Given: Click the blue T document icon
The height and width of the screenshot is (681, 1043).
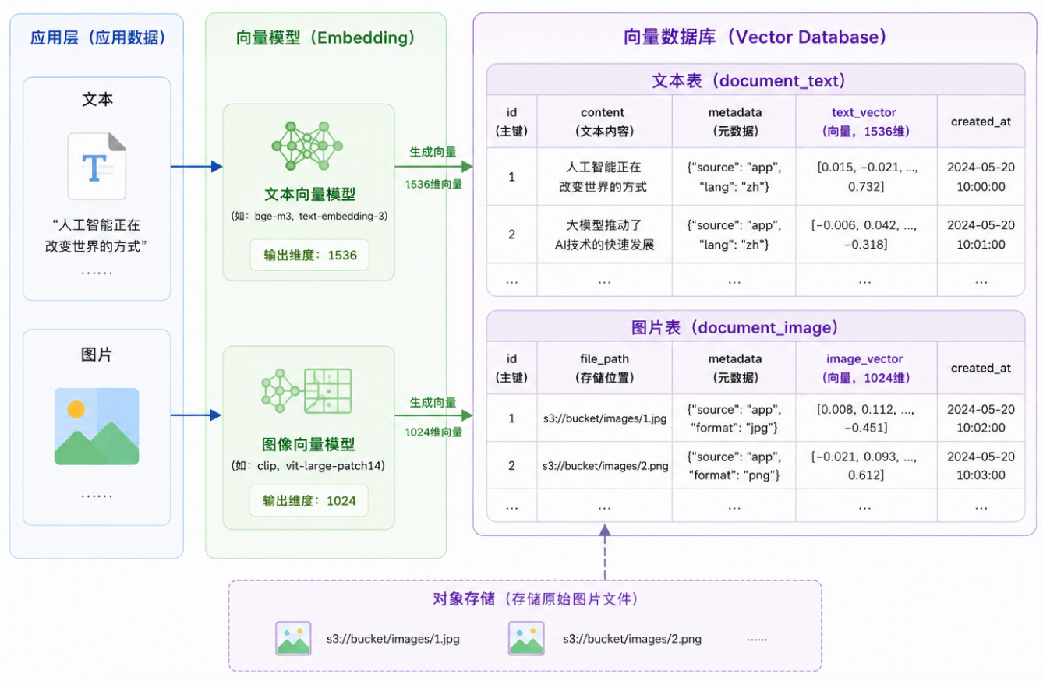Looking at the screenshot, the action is (x=97, y=166).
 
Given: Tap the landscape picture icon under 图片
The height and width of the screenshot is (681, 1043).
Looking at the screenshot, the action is (x=97, y=426).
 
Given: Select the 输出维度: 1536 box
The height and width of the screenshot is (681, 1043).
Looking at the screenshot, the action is (x=309, y=255).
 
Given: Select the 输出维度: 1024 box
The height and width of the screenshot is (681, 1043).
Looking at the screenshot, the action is (x=309, y=501).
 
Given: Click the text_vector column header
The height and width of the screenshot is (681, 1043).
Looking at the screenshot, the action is (x=866, y=122).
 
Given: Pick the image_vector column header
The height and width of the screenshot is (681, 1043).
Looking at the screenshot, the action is (x=866, y=369).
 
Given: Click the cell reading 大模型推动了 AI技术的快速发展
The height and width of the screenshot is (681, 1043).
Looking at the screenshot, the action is (x=604, y=235).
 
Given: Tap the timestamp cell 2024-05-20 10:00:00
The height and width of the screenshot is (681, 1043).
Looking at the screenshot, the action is (x=981, y=177).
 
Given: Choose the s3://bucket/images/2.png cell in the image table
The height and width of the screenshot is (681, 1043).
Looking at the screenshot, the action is (x=605, y=465).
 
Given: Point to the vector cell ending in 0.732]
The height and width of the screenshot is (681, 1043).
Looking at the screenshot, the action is (x=866, y=177).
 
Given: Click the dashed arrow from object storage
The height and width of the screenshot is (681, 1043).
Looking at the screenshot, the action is (x=605, y=552).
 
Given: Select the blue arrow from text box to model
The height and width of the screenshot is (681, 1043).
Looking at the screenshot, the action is (x=196, y=166).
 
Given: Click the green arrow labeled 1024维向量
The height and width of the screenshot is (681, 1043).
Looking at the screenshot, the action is (x=434, y=415).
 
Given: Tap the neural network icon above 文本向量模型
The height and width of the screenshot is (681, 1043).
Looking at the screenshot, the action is (x=307, y=146).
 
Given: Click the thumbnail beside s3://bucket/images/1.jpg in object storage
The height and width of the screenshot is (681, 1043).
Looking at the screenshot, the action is (x=293, y=638).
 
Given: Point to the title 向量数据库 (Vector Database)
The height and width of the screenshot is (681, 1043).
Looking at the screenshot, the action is (x=755, y=37).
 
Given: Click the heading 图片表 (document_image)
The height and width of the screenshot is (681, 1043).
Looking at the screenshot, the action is (x=734, y=328).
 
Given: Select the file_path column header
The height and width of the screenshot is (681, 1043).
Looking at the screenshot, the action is (x=604, y=369).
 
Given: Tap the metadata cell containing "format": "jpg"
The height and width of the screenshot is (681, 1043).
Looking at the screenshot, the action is (x=734, y=418).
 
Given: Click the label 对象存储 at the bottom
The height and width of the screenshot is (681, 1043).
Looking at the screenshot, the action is (x=464, y=599).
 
